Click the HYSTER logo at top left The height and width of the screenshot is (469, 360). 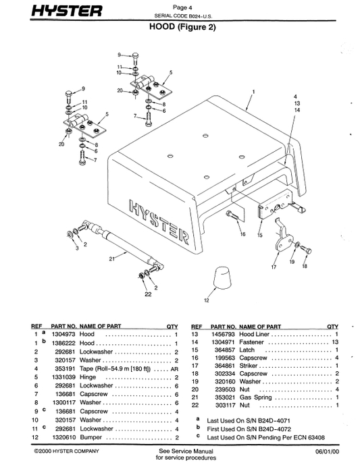[67, 11]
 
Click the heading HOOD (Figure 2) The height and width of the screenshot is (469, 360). [182, 27]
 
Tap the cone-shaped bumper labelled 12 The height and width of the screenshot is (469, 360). [223, 278]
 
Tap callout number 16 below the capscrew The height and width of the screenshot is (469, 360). [242, 234]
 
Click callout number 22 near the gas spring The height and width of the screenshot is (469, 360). [148, 294]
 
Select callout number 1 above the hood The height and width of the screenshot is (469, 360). [253, 92]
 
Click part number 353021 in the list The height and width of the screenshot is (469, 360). [225, 397]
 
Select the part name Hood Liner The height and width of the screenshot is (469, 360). [255, 334]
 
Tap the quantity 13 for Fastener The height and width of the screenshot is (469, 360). [335, 342]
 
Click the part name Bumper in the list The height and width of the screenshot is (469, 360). [91, 437]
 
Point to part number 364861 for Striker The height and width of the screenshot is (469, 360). [225, 366]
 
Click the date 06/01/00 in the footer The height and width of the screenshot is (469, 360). [328, 451]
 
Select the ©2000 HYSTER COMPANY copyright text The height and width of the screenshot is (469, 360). [66, 451]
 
